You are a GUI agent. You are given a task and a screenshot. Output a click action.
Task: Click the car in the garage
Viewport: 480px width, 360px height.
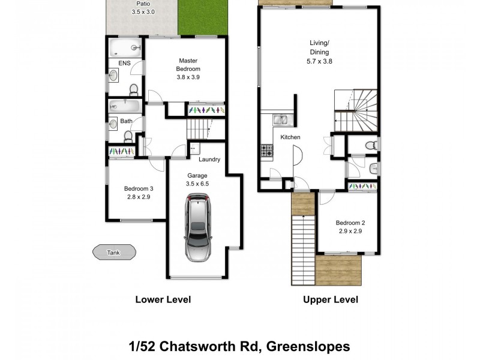click(199, 229)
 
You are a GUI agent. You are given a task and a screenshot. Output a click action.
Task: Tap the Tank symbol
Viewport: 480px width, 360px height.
click(113, 253)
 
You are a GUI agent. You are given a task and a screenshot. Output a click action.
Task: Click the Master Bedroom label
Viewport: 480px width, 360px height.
click(188, 69)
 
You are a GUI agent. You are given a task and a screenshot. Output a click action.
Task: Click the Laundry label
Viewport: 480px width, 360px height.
click(210, 160)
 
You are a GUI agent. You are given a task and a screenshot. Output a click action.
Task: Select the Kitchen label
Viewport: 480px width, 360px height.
click(290, 137)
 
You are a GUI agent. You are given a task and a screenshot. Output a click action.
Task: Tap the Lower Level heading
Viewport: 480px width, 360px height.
click(163, 300)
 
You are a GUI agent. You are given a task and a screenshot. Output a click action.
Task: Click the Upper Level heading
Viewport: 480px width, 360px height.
click(331, 300)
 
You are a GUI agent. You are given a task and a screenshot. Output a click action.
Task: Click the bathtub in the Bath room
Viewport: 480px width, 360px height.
click(125, 106)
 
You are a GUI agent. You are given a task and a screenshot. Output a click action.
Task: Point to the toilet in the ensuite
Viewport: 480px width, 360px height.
click(134, 90)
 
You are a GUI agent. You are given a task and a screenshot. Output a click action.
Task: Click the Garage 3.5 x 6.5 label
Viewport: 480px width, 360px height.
click(197, 179)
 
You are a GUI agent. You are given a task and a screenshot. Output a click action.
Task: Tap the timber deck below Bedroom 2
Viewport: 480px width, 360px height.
click(339, 270)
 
